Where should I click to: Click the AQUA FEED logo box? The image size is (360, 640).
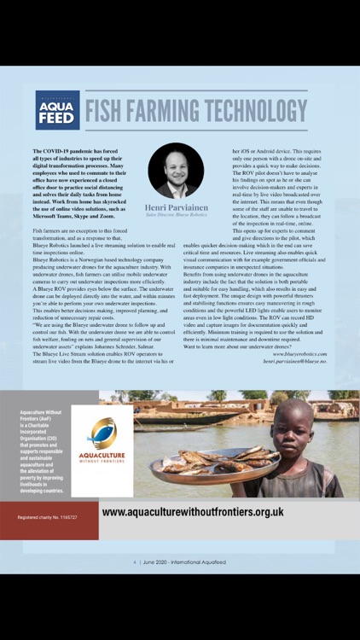coord(57,110)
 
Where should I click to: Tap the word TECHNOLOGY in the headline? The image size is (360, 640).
coord(257,111)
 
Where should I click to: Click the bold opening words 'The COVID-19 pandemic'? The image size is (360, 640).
coord(68,151)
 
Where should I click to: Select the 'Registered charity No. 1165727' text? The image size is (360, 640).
coord(49,518)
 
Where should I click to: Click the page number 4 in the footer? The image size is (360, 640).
coord(135,562)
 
